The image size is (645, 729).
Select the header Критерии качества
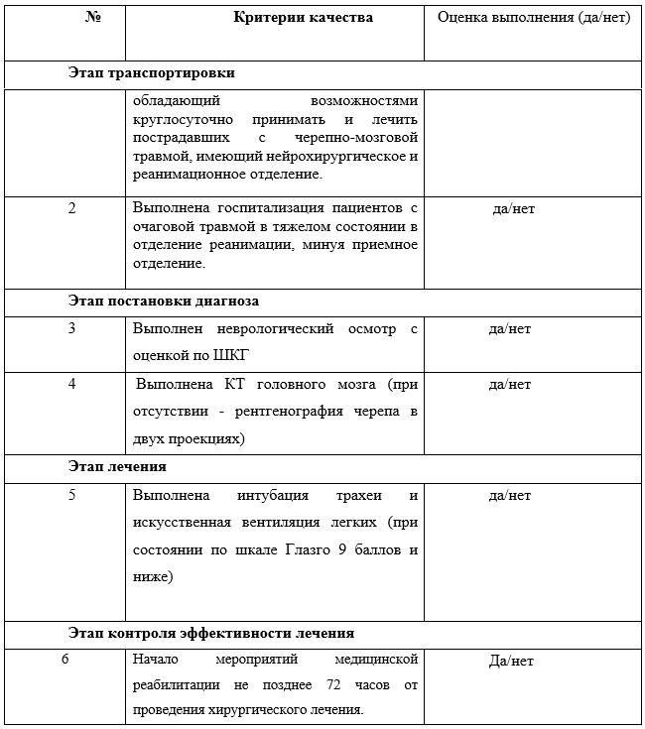[304, 19]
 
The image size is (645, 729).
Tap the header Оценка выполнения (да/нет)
[534, 19]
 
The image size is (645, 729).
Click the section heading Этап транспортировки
[152, 73]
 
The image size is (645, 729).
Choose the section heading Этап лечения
[117, 465]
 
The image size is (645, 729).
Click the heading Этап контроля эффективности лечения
[211, 632]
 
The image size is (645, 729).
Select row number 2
[71, 208]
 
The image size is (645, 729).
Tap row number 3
[71, 329]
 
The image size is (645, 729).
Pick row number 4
[71, 384]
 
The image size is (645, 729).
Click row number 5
[71, 495]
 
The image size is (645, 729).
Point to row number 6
[64, 660]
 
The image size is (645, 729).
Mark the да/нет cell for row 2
[513, 209]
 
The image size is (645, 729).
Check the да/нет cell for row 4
[511, 385]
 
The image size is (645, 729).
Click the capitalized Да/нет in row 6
[511, 662]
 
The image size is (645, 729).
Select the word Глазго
[304, 548]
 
